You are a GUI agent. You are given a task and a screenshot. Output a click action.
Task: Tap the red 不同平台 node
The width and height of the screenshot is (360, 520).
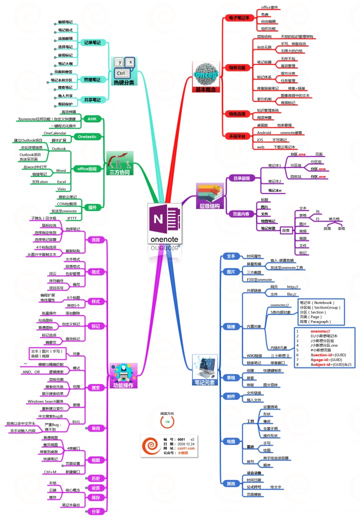(237, 136)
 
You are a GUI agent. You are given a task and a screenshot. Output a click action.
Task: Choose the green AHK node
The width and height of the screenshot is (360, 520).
(91, 119)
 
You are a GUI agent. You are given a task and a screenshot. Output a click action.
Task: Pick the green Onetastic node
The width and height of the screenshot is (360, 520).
(87, 136)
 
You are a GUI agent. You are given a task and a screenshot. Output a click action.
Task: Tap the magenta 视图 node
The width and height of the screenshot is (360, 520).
(95, 459)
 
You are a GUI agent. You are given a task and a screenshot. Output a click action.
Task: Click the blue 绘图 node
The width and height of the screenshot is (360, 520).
(231, 441)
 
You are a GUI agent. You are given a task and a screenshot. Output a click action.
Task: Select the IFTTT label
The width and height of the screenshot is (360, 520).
(71, 218)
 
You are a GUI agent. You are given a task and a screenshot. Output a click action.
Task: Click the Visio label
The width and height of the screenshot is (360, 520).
(61, 189)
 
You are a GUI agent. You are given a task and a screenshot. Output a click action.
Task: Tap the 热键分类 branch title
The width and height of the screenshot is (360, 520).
(124, 82)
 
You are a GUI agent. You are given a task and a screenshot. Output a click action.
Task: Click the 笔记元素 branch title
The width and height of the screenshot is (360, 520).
(204, 382)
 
